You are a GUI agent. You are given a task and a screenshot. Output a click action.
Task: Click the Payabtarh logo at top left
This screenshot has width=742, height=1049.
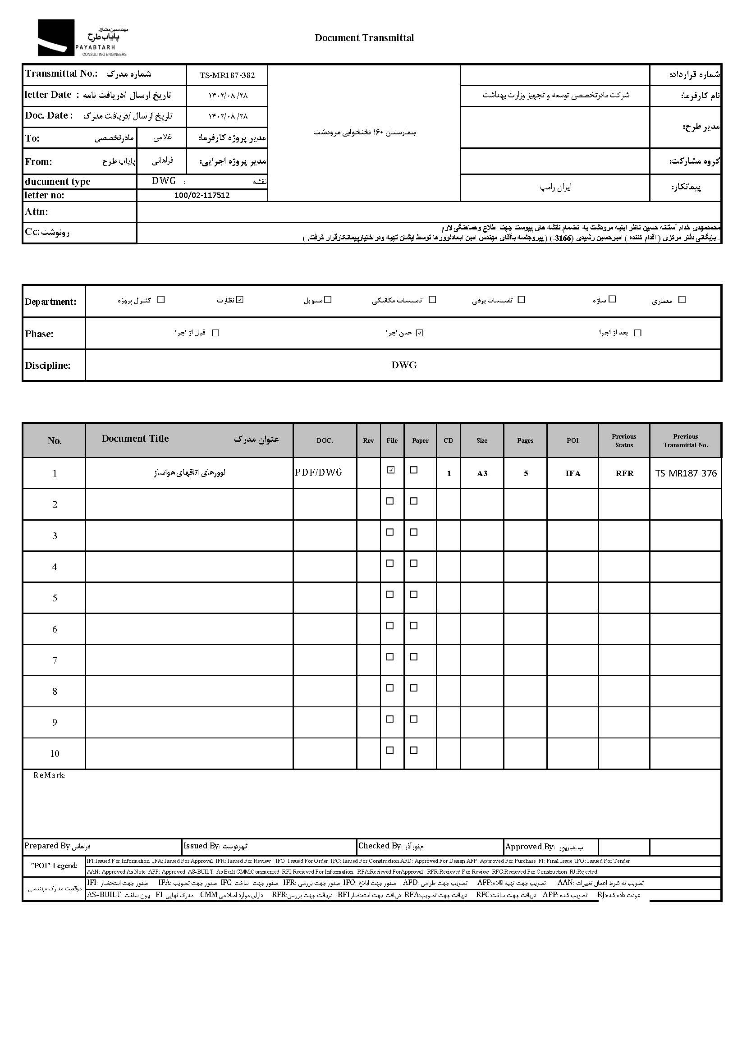[x=82, y=38]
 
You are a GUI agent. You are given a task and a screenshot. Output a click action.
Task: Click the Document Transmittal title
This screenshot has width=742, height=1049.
[x=364, y=38]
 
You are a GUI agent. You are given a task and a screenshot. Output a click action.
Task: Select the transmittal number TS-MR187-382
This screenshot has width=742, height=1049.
[x=227, y=75]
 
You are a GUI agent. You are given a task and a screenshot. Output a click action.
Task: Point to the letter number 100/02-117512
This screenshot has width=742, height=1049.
[x=202, y=195]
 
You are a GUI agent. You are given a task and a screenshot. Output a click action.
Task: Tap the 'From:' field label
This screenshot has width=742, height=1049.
[x=38, y=162]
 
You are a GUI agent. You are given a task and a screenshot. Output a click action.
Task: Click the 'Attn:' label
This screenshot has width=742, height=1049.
[x=37, y=212]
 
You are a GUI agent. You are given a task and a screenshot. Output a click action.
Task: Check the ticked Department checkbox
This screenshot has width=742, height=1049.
[x=240, y=300]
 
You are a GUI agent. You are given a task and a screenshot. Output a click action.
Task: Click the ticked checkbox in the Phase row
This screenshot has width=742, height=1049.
[x=420, y=333]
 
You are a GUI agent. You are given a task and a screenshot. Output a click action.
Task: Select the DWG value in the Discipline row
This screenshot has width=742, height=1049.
[x=404, y=365]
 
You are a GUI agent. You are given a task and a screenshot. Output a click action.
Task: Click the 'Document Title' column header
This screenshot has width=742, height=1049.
[x=135, y=439]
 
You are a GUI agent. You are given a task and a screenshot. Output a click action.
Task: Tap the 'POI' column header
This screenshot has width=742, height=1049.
[x=573, y=440]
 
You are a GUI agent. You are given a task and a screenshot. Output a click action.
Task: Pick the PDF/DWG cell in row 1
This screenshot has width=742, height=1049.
[x=318, y=472]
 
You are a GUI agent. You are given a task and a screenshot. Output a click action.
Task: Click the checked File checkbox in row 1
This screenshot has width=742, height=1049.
[x=391, y=470]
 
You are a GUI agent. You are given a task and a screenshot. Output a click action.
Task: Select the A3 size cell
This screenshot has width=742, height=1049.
[x=482, y=473]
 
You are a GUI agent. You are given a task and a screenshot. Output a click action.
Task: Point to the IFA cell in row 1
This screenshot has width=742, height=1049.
[x=573, y=473]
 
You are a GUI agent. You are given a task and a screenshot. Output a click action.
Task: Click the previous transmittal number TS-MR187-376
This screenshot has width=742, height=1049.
[x=686, y=473]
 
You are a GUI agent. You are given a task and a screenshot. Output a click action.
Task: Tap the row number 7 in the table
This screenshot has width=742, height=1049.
[x=55, y=660]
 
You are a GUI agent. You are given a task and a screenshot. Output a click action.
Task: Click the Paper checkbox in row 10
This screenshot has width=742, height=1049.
[x=414, y=750]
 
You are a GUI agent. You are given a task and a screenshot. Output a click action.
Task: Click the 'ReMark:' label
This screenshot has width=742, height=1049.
[x=49, y=775]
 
